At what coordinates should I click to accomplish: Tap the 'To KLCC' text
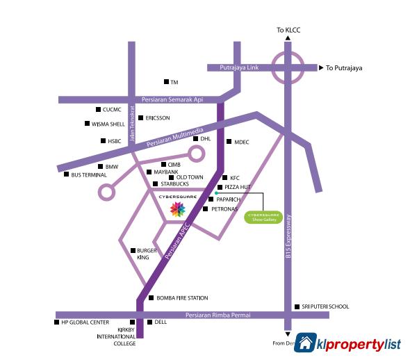[x=287, y=30]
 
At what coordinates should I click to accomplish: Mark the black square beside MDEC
[x=229, y=142]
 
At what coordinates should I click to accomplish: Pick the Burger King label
[x=143, y=254]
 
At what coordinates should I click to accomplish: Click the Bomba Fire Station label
[x=182, y=298]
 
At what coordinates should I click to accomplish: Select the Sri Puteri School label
[x=325, y=306]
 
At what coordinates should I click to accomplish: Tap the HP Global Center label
[x=85, y=322]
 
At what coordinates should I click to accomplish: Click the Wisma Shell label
[x=108, y=124]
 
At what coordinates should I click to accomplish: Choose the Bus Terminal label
[x=89, y=175]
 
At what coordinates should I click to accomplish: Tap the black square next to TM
[x=165, y=82]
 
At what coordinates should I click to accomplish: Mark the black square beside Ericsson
[x=140, y=118]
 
